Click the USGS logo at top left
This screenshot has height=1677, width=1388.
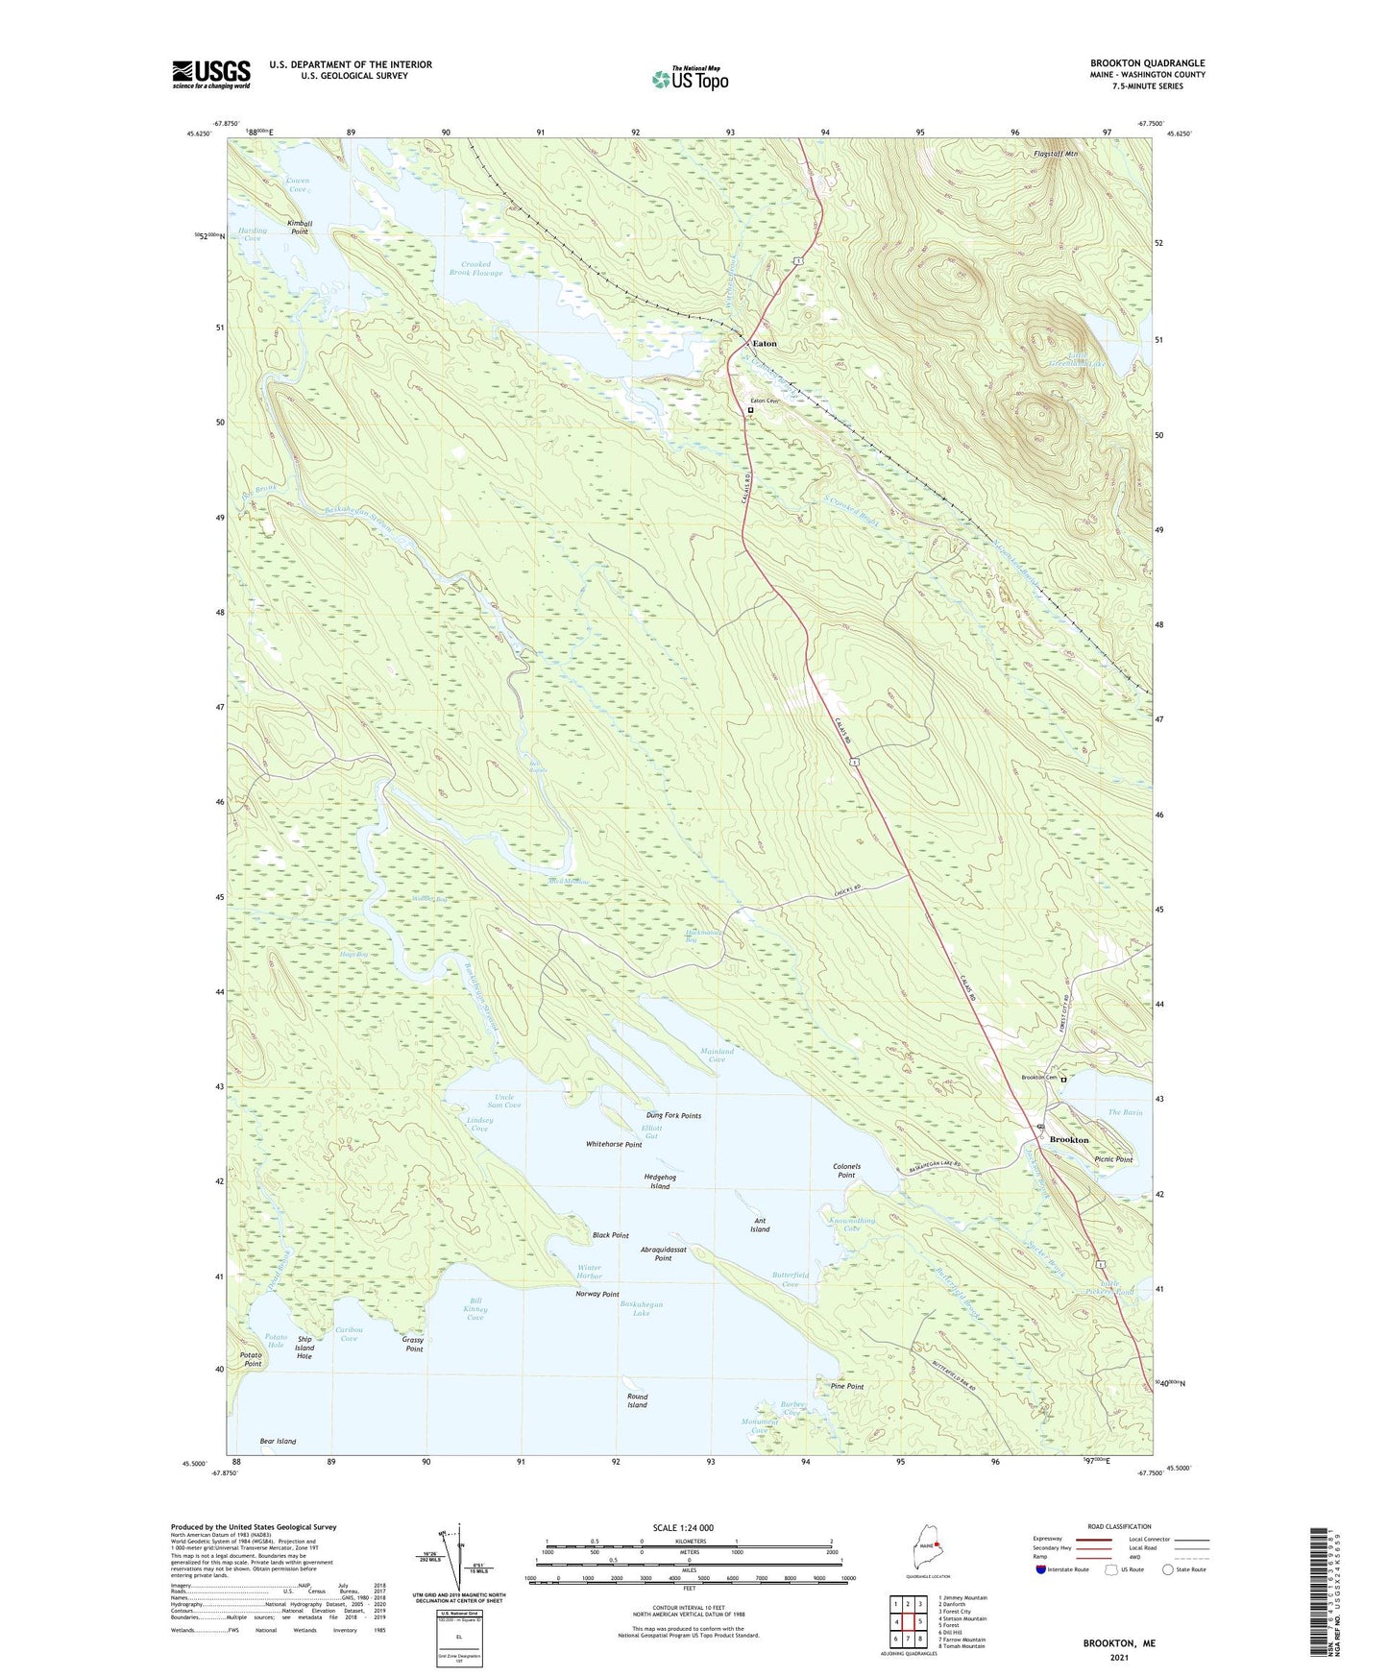click(210, 74)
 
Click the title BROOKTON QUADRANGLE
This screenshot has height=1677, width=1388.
click(1147, 63)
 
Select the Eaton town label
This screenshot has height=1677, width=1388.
click(765, 344)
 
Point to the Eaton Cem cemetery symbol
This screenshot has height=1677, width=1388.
click(751, 410)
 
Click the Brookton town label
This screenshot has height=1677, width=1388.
click(1069, 1140)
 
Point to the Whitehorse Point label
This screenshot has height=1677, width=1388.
click(614, 1145)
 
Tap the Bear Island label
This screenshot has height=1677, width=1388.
click(278, 1441)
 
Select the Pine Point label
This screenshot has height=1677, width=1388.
click(846, 1387)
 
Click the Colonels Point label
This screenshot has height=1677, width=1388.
click(845, 1171)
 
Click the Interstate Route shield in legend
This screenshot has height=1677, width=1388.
click(1041, 1569)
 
